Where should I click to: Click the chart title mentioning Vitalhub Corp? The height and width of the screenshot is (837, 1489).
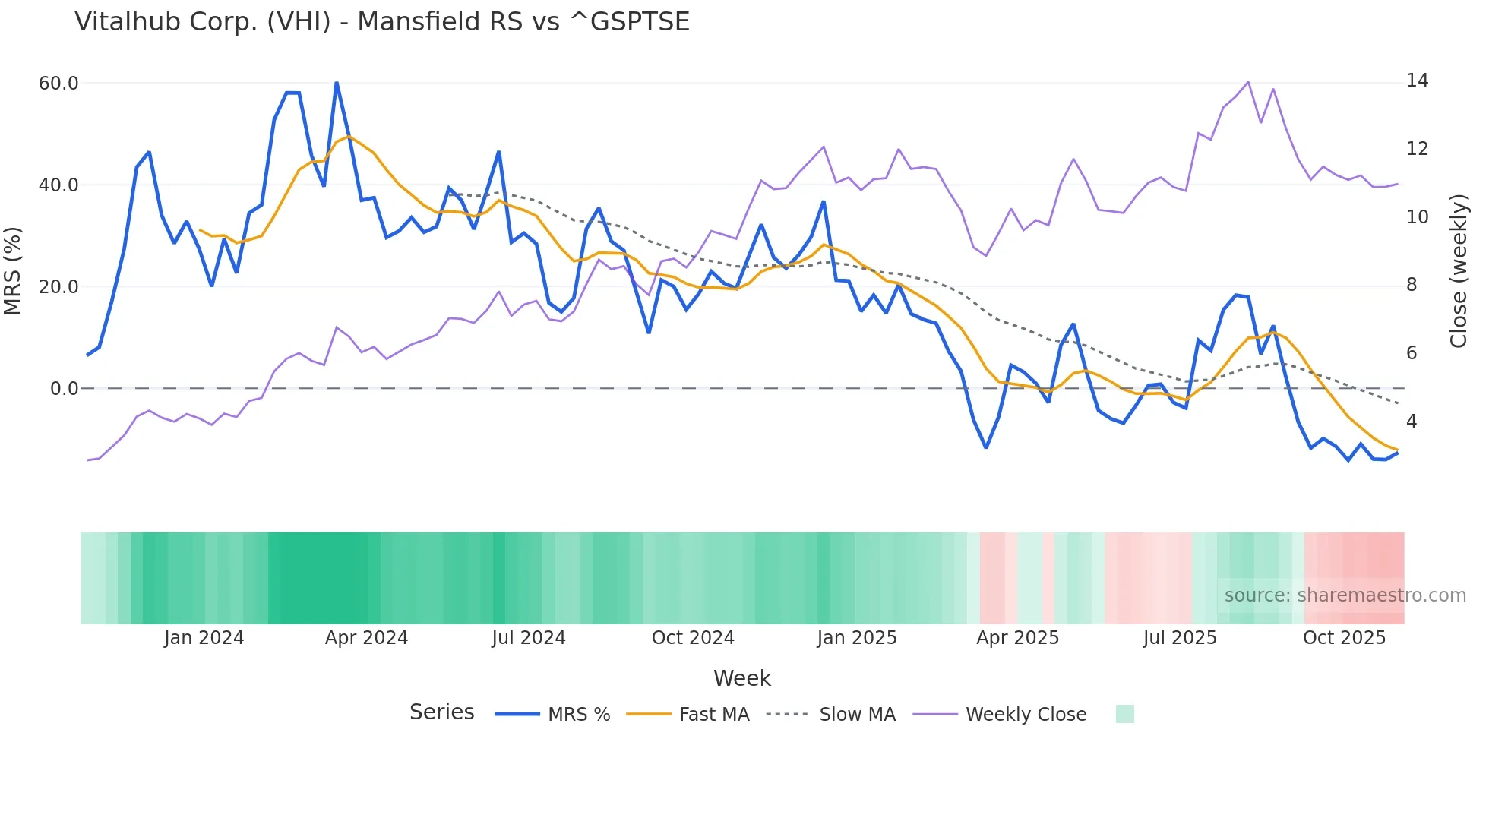(382, 22)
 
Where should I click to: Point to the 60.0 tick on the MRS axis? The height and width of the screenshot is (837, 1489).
(58, 84)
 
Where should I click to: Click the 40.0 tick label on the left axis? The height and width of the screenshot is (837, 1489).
(58, 185)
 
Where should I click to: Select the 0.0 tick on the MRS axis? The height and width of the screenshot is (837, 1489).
(64, 389)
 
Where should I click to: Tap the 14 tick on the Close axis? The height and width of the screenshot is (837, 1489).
(1417, 81)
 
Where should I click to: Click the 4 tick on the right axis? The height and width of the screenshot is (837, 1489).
(1412, 421)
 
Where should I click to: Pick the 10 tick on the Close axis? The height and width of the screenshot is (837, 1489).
(1417, 217)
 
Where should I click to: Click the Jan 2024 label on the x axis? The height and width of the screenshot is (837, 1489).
(204, 638)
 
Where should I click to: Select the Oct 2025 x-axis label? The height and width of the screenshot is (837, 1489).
(1344, 638)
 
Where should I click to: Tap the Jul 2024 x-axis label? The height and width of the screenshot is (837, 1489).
(529, 638)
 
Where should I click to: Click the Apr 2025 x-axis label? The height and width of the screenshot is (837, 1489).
(1017, 638)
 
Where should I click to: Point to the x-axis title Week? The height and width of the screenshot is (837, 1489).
(742, 678)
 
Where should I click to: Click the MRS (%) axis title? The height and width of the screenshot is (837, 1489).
(13, 271)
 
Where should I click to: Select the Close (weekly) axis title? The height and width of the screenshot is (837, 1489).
(1458, 271)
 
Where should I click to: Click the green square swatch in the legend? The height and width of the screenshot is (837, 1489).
(1124, 714)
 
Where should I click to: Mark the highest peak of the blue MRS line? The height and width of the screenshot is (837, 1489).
(337, 83)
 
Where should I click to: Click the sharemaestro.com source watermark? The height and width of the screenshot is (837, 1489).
(1345, 595)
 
